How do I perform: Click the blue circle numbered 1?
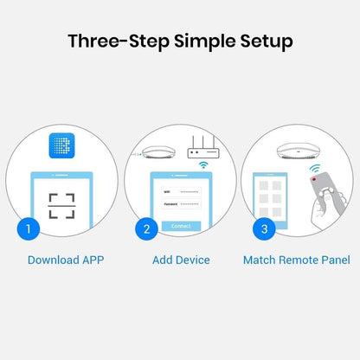click(29, 229)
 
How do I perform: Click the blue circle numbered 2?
click(146, 229)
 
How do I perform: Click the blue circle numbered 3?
click(264, 229)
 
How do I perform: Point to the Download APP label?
click(66, 260)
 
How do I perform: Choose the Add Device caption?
click(181, 260)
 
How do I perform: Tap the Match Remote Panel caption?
click(296, 260)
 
